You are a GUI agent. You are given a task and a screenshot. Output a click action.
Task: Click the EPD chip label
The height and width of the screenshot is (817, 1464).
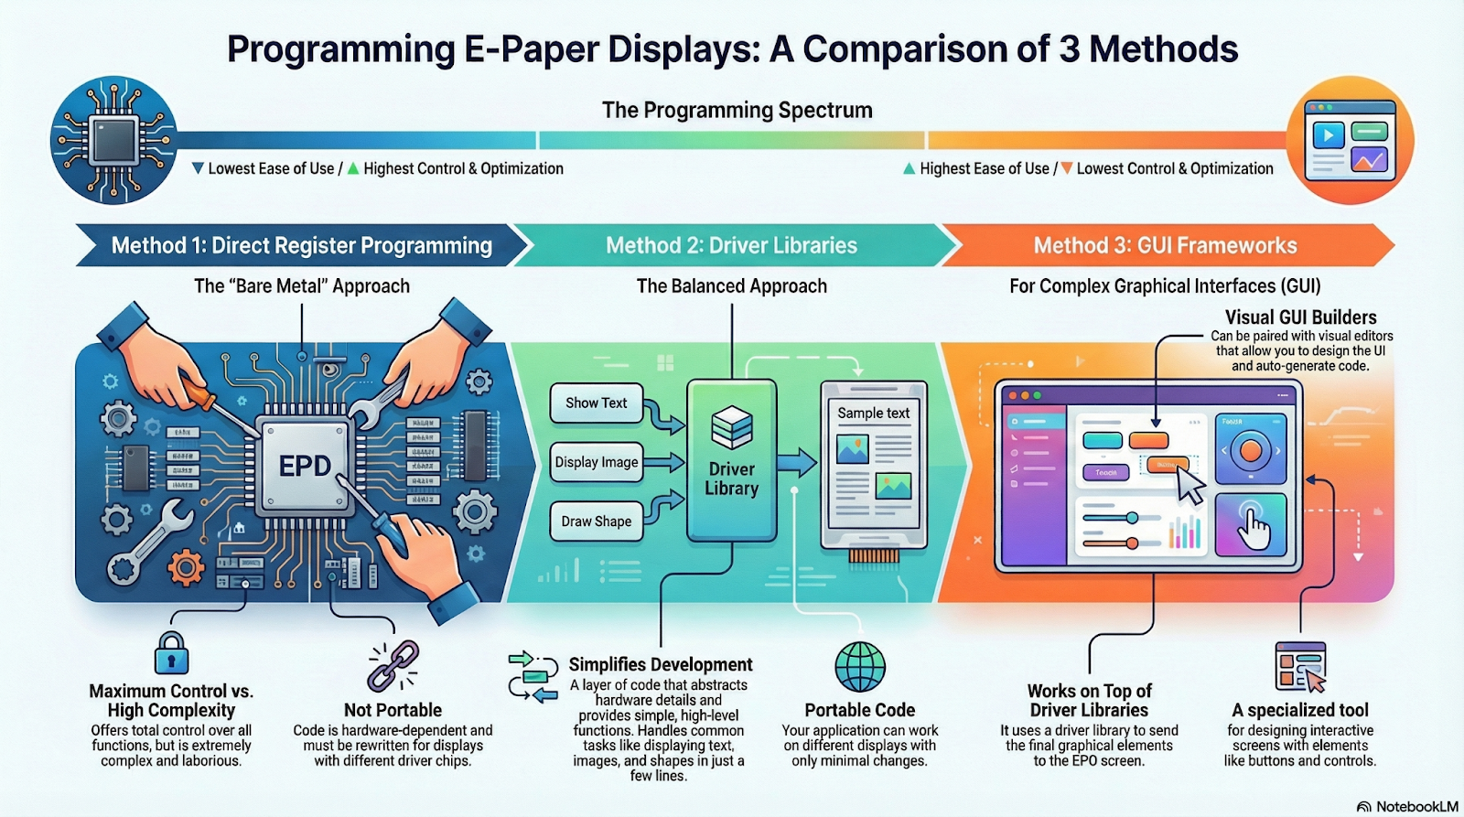tap(305, 466)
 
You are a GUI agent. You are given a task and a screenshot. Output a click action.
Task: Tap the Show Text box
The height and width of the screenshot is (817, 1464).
tap(596, 403)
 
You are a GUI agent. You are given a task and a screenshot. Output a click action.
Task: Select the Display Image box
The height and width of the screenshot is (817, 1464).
tap(596, 463)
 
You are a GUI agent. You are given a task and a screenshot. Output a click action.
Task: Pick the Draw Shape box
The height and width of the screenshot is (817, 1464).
tap(596, 521)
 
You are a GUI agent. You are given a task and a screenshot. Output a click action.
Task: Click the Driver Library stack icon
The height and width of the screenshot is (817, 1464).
tap(731, 427)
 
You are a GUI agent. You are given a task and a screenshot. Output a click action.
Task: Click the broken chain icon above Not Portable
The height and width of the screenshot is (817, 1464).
tap(393, 665)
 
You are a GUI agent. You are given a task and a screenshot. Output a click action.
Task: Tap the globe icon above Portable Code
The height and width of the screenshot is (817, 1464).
tap(860, 666)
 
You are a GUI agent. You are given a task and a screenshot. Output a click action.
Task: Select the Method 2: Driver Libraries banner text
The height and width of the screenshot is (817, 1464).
tap(731, 245)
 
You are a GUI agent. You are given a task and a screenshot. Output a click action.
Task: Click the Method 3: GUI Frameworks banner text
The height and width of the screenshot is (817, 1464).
tap(1165, 245)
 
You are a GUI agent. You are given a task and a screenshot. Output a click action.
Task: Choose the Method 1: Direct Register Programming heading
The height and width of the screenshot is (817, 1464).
tap(302, 245)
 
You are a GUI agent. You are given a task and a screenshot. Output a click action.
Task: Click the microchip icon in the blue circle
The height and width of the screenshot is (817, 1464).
tap(113, 140)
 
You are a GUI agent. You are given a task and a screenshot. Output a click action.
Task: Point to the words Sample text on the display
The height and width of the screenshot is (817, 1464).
tap(873, 414)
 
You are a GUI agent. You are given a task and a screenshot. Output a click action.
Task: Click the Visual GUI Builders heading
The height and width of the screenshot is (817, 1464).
tap(1300, 317)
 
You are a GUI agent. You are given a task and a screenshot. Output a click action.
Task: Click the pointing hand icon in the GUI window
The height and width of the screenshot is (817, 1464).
tap(1253, 526)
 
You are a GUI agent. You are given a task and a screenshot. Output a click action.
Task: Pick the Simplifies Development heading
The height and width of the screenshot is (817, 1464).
tap(660, 665)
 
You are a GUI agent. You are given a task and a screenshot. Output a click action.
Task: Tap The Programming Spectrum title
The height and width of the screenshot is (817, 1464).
tap(737, 111)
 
